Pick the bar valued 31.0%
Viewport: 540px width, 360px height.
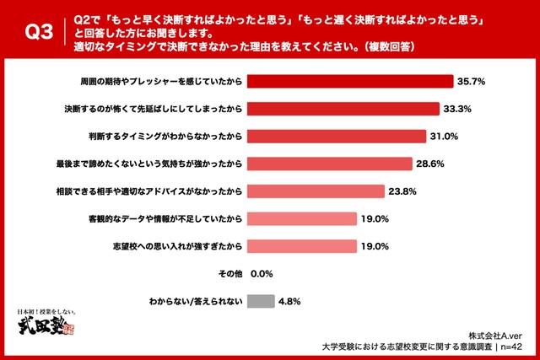click(338, 137)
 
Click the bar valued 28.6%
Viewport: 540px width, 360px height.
click(332, 164)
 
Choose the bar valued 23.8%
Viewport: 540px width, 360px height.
click(318, 191)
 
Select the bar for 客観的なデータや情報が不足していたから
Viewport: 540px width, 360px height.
click(305, 218)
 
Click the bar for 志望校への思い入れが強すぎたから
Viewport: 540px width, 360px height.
click(305, 246)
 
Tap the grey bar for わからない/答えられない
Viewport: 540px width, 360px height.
click(262, 300)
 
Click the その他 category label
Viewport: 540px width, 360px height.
click(230, 273)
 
